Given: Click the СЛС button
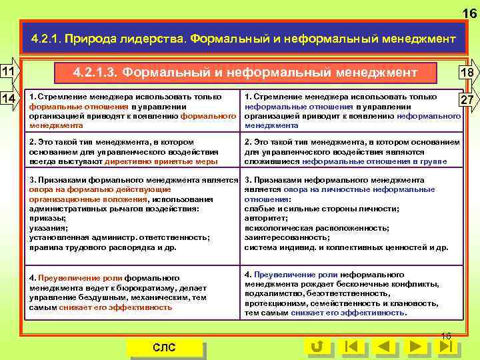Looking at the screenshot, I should [x=164, y=347].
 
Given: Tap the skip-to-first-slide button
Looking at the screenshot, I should [x=351, y=347].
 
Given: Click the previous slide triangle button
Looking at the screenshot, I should [x=383, y=347].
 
